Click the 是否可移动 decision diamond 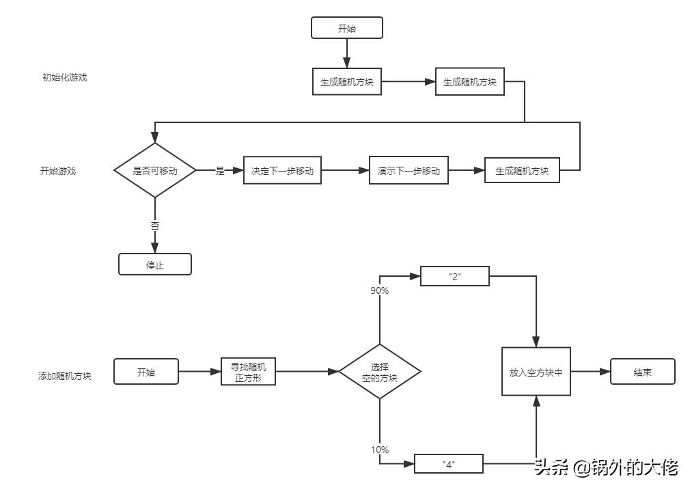pos(155,171)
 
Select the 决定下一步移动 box pos(282,171)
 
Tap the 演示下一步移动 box pos(409,171)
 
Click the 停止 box pos(155,264)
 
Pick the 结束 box pos(642,372)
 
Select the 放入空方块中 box pos(536,372)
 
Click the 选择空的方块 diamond pos(380,372)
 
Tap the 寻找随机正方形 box pos(249,372)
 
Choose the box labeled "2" pos(455,276)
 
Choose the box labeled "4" pos(449,464)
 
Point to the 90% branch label pos(380,290)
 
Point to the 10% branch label pos(380,450)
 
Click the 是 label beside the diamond pos(220,171)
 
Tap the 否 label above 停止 pos(155,226)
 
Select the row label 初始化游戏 pos(65,77)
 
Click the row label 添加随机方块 pos(65,376)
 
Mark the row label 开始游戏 pos(58,171)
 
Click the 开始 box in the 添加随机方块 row pos(146,372)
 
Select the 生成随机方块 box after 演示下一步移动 pos(522,171)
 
